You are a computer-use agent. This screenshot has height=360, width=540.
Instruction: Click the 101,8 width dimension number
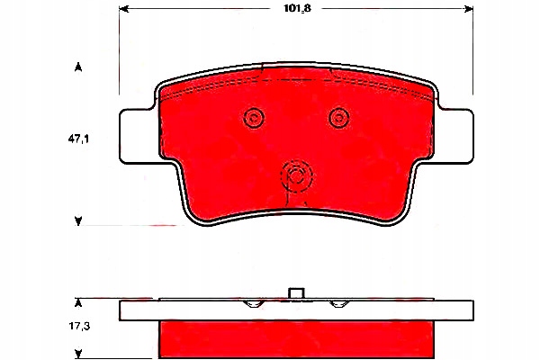click(296, 12)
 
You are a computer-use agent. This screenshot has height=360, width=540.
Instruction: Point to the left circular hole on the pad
click(254, 117)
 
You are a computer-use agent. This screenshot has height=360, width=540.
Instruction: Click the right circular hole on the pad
click(338, 116)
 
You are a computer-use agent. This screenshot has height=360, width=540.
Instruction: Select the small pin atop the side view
click(297, 292)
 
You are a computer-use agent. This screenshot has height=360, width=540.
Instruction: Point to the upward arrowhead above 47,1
click(79, 67)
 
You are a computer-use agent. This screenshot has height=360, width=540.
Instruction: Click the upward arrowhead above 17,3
click(79, 301)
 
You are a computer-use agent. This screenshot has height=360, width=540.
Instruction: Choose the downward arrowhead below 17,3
click(79, 353)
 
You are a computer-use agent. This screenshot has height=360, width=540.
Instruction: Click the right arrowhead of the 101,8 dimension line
click(468, 11)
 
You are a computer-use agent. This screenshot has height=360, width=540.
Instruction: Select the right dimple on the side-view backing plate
click(338, 303)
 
